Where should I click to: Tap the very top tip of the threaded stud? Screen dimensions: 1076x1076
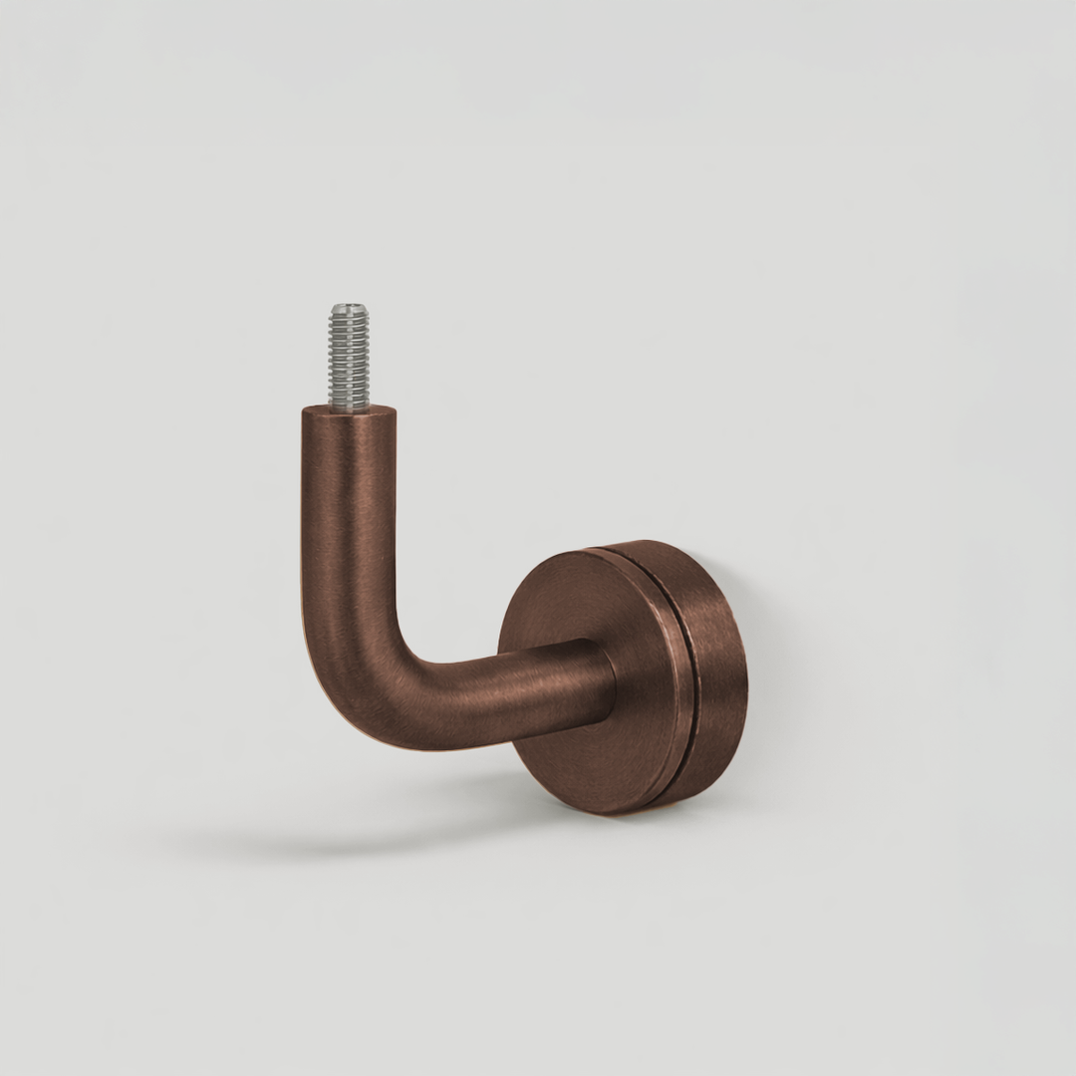tap(349, 305)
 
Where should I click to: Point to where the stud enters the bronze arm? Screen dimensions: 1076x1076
tap(349, 407)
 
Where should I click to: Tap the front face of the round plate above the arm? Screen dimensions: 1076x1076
tap(588, 598)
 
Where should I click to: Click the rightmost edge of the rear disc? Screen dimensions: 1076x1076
tap(747, 677)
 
